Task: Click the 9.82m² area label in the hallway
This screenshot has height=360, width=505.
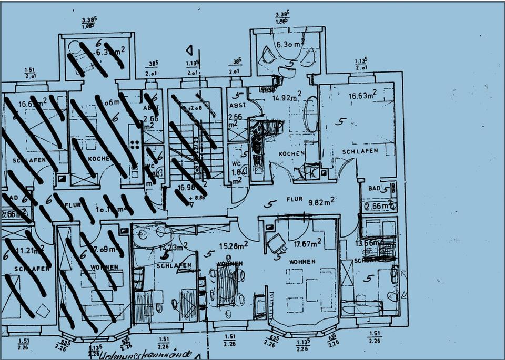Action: coord(322,201)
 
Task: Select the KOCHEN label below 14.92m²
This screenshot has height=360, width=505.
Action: coord(292,153)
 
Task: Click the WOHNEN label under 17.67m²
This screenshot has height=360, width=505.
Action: coord(302,261)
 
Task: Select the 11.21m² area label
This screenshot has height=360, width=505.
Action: coord(29,250)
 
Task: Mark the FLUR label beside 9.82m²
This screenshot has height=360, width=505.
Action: coord(294,200)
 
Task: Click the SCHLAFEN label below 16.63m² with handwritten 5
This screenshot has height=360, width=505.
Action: coord(360,151)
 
